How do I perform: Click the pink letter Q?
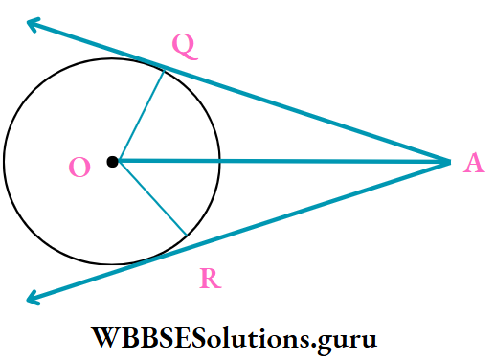(186, 45)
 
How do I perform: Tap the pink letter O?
(80, 169)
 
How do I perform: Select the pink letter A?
(473, 165)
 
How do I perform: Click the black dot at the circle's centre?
(113, 162)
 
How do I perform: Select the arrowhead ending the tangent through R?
(32, 301)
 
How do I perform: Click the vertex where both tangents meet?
(449, 162)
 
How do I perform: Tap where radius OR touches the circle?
(186, 234)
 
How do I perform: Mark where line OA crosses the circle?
(221, 161)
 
